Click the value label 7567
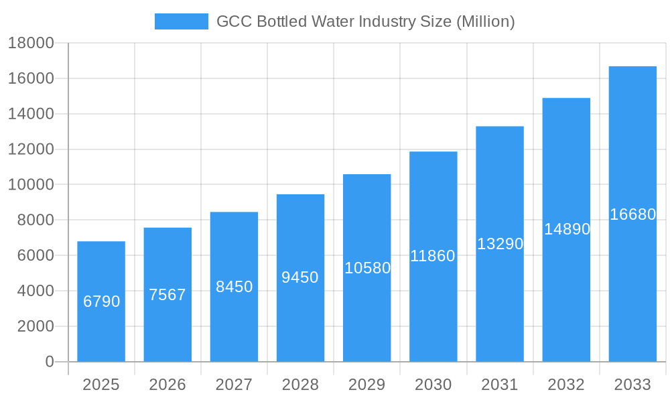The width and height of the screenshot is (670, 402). point(167,295)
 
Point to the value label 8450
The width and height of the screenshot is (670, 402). point(234,287)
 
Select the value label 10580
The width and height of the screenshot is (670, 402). point(367,268)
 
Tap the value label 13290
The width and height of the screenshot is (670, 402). point(500,244)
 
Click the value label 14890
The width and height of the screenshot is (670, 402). point(567,229)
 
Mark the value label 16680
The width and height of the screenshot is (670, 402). point(632,214)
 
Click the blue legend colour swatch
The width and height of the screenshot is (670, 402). point(181,21)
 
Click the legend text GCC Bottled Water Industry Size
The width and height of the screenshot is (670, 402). point(365,21)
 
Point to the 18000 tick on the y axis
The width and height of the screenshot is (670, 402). point(31,44)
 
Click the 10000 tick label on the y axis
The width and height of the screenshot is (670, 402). point(31,185)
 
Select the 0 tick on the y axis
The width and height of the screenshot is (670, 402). point(49,362)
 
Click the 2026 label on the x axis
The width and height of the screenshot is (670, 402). point(167,385)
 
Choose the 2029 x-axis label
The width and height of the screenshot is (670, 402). point(367,385)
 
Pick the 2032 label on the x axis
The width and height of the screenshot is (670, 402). point(566,385)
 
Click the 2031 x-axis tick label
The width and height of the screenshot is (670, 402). point(500,385)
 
